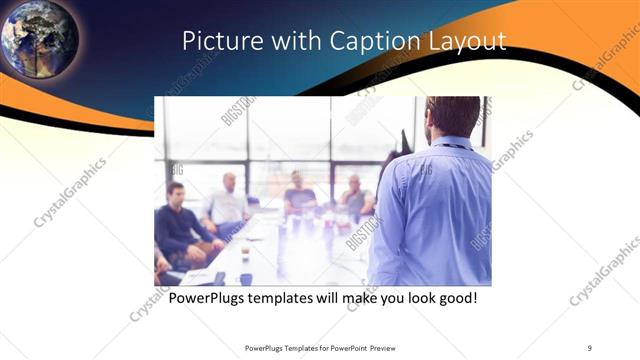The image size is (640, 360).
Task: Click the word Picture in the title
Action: click(216, 41)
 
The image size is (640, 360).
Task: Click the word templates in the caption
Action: click(286, 298)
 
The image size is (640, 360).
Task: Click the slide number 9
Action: click(591, 347)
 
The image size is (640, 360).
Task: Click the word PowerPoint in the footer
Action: click(344, 347)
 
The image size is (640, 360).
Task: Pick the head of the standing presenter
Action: click(452, 117)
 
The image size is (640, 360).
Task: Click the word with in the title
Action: click(283, 41)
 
